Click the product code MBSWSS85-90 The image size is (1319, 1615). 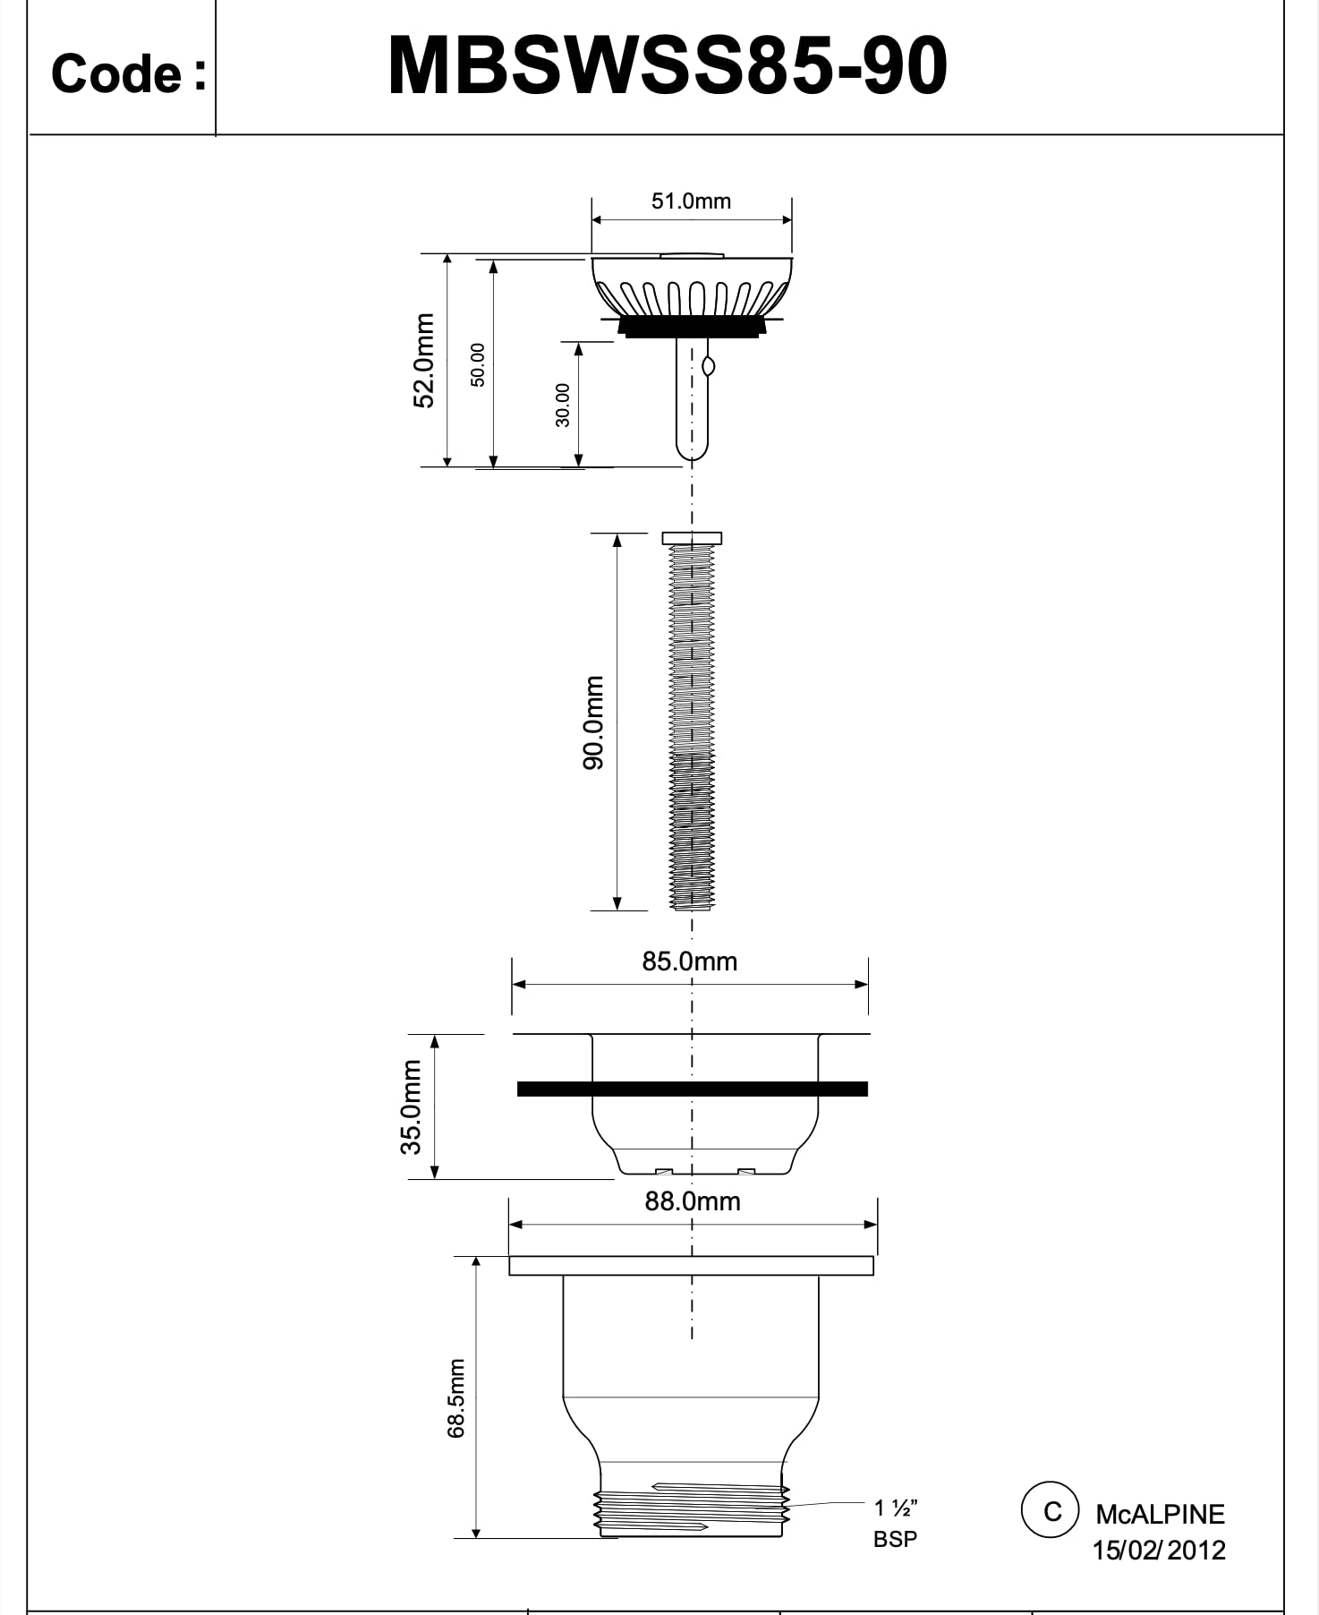pos(668,66)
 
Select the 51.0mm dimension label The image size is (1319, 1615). pos(691,201)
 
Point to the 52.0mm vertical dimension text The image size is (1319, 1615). pos(423,360)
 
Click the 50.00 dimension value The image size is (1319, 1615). pos(478,364)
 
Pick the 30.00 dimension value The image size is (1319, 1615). pos(562,405)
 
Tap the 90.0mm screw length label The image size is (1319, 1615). pos(593,722)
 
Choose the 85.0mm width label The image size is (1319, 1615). pos(690,961)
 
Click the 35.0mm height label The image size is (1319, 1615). pos(411,1107)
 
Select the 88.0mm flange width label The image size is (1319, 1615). pos(693,1201)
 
